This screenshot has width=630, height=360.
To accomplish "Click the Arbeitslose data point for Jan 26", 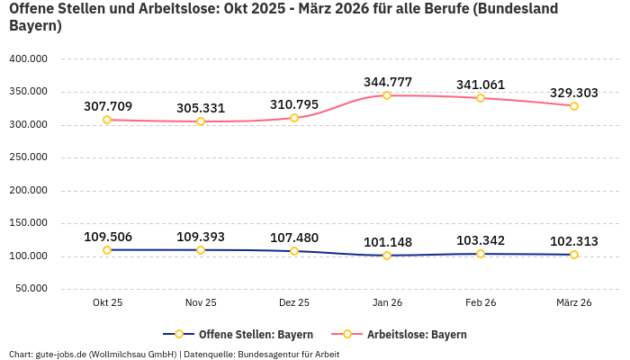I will [x=387, y=95].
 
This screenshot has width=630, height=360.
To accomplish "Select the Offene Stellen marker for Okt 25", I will [x=107, y=250].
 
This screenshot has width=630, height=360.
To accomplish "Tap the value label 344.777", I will [x=387, y=82].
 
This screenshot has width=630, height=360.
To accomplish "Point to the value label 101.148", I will [x=387, y=242].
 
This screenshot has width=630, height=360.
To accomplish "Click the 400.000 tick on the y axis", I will [x=30, y=59].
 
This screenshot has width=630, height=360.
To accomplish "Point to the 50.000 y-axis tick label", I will [x=32, y=289].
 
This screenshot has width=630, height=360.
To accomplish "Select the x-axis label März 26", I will [x=574, y=303].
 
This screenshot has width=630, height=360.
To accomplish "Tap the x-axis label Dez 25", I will [x=294, y=303].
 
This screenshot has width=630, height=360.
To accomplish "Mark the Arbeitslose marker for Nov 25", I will [x=201, y=121].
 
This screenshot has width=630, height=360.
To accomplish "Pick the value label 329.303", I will [x=574, y=93].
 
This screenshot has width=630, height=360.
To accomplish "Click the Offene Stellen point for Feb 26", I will [x=481, y=254].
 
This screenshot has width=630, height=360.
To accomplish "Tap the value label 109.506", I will [x=107, y=237].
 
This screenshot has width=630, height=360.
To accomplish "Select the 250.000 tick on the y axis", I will [x=30, y=157].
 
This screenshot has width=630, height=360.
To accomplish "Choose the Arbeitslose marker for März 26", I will [x=574, y=106].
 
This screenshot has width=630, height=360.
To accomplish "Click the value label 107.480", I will [x=294, y=238].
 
